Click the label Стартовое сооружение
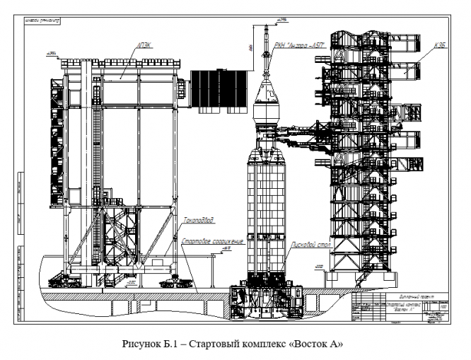[212, 242]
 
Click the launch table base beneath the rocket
[265, 301]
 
